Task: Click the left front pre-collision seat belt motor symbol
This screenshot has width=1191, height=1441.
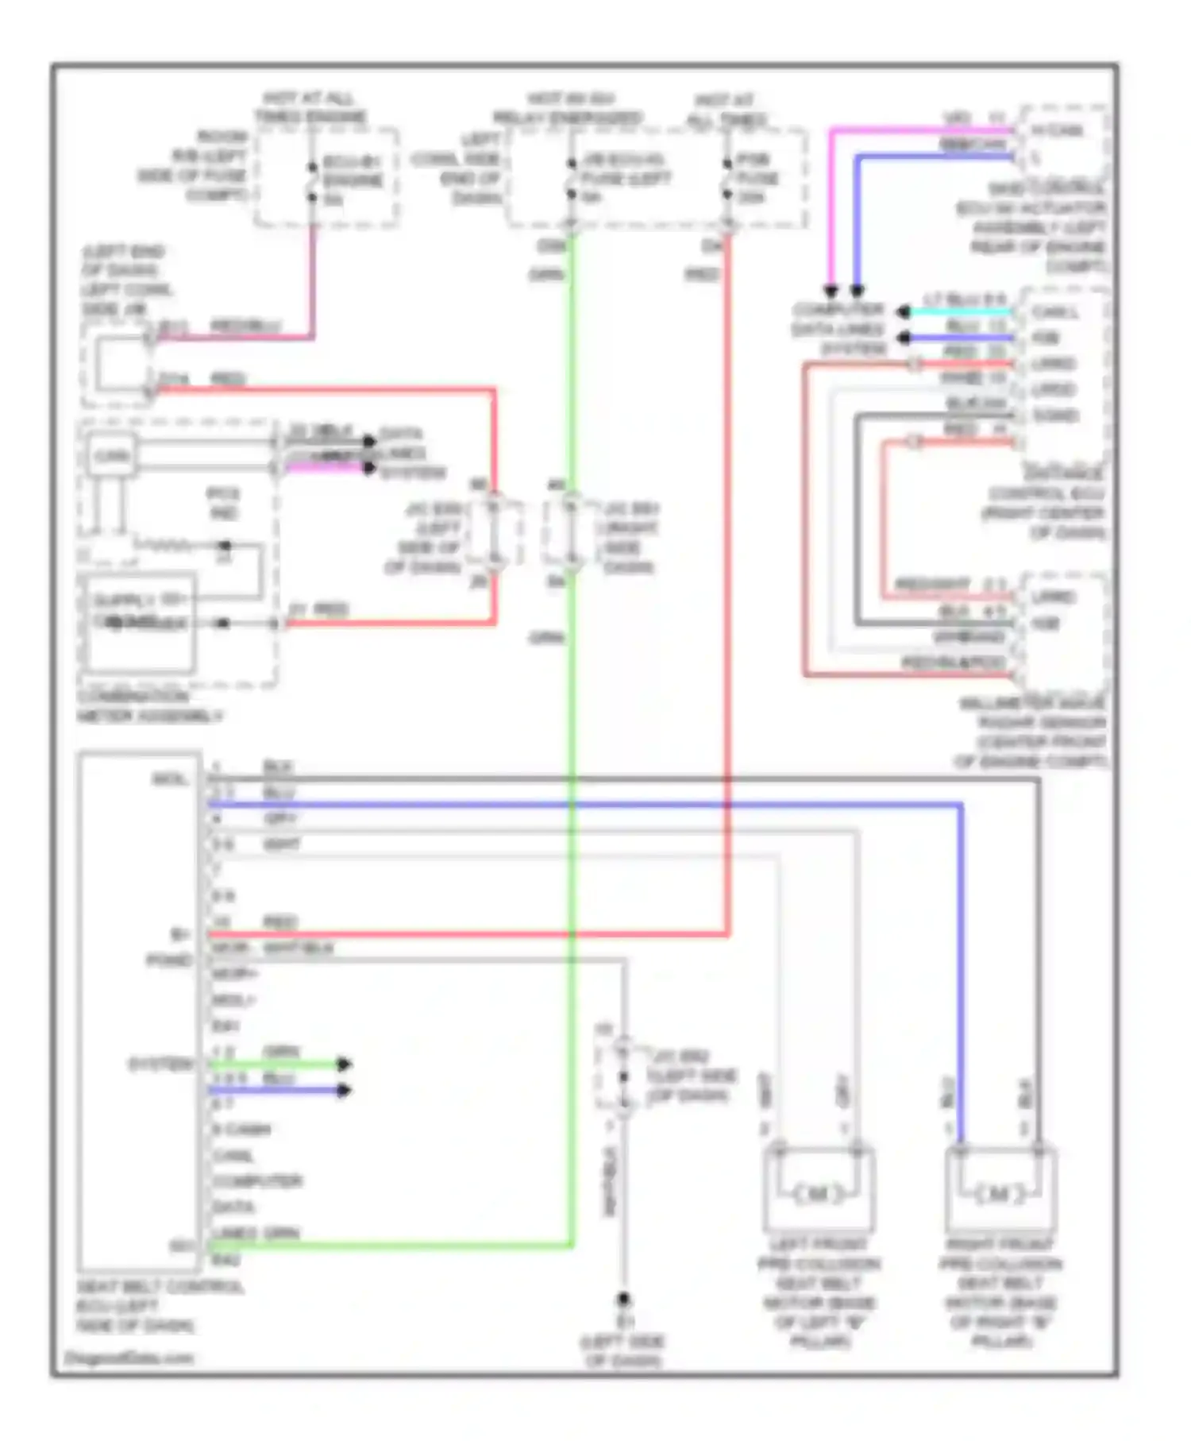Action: (x=819, y=1193)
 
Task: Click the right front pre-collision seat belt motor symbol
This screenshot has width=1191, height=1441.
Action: (x=999, y=1193)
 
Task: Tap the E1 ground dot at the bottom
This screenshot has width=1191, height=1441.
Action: (x=624, y=1300)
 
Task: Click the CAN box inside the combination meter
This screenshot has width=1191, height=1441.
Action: (x=112, y=456)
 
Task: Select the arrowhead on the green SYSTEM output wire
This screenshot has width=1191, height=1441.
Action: (x=343, y=1064)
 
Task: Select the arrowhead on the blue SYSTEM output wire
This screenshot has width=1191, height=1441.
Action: (x=343, y=1090)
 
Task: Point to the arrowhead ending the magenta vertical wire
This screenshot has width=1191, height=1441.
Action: (x=831, y=291)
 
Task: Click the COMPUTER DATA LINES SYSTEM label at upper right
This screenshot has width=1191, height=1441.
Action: (x=839, y=329)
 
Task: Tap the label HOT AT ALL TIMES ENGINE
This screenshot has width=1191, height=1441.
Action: (x=310, y=108)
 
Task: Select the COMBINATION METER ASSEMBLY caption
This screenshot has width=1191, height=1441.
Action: (x=149, y=706)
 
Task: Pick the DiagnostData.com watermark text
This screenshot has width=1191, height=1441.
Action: (x=129, y=1358)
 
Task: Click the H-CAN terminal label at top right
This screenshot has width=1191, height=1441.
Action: (x=1057, y=129)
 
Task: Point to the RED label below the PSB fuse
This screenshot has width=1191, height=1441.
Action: (x=702, y=275)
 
